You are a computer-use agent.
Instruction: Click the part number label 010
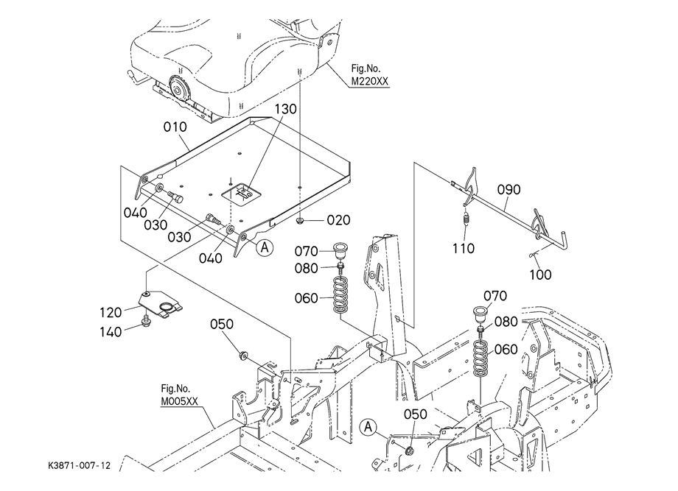pos(175,128)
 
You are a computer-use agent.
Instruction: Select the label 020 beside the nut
pos(338,219)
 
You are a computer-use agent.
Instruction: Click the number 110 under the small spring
pos(464,248)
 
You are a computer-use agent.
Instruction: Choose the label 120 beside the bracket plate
pos(113,311)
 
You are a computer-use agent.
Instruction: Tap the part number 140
pos(113,331)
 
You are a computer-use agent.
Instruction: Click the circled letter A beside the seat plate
pos(265,248)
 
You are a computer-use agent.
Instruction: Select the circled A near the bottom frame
pos(368,426)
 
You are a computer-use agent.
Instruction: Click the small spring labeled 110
pos(465,219)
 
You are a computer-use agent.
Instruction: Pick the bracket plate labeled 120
pos(163,303)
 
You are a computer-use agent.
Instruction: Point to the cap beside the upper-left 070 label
pos(340,248)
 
